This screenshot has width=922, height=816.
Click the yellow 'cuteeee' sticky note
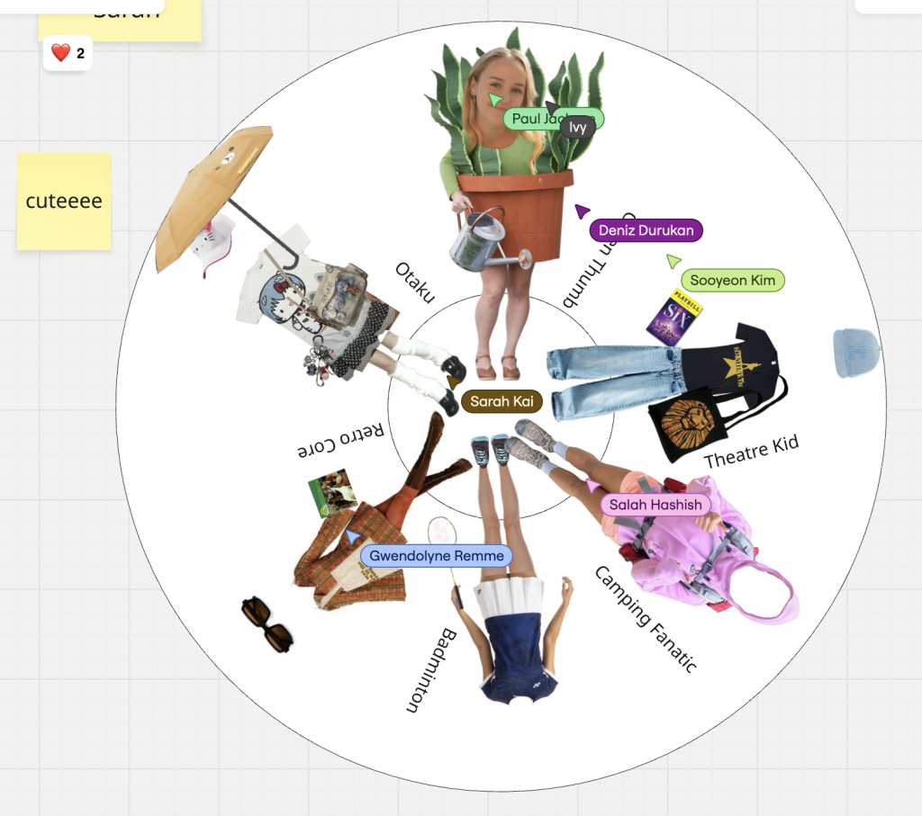coord(64,201)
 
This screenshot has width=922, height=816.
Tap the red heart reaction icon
coord(60,54)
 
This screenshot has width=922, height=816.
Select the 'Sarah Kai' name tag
coord(502,401)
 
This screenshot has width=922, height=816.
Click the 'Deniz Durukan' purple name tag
coord(646,230)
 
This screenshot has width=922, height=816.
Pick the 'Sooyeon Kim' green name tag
coord(732,281)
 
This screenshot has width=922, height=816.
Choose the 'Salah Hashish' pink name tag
coord(655,505)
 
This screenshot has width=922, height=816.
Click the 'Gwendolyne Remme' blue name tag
coord(436,556)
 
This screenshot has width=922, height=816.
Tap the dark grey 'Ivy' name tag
coord(577,128)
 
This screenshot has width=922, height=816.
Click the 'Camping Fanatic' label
coord(646,619)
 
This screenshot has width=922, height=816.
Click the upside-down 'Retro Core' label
coord(343,440)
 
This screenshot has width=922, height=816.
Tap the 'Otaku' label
coord(414,282)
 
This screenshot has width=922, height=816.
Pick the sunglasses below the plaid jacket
coord(267,624)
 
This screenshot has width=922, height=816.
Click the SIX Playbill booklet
coord(673,317)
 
